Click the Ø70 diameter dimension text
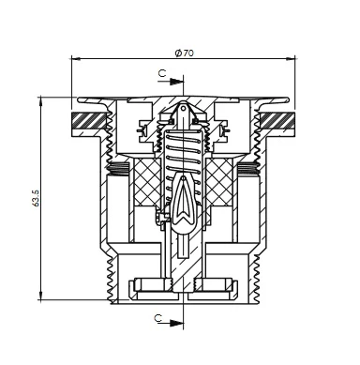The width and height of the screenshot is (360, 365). point(184,53)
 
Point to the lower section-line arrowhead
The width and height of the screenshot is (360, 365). point(179,326)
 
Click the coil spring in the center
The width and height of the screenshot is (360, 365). point(184,150)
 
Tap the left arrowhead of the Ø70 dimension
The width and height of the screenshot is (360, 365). point(75,59)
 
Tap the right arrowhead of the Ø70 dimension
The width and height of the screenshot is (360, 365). point(292,59)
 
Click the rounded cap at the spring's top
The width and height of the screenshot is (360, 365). point(184,114)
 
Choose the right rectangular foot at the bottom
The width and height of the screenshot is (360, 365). point(217,285)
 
